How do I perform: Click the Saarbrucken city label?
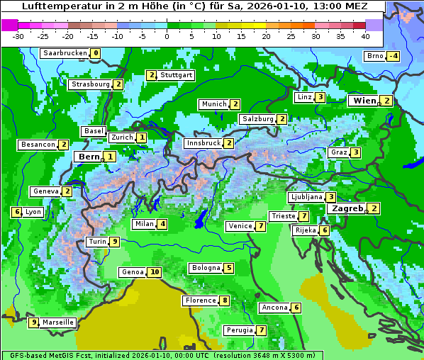coord(65,53)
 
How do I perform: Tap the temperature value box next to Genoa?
coord(155,272)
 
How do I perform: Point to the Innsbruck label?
coord(202,143)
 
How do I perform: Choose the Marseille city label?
coord(57,322)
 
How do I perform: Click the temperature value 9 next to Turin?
coord(115,242)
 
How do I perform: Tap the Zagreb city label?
coord(347,208)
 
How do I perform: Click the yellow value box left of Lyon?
coord(16,212)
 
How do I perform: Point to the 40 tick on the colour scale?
coord(365,36)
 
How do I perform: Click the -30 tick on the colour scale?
coord(18,36)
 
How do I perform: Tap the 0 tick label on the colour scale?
coord(167,36)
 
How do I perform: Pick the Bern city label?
coord(89,157)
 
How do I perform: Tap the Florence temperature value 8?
coord(225,300)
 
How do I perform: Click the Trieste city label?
coord(283,216)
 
